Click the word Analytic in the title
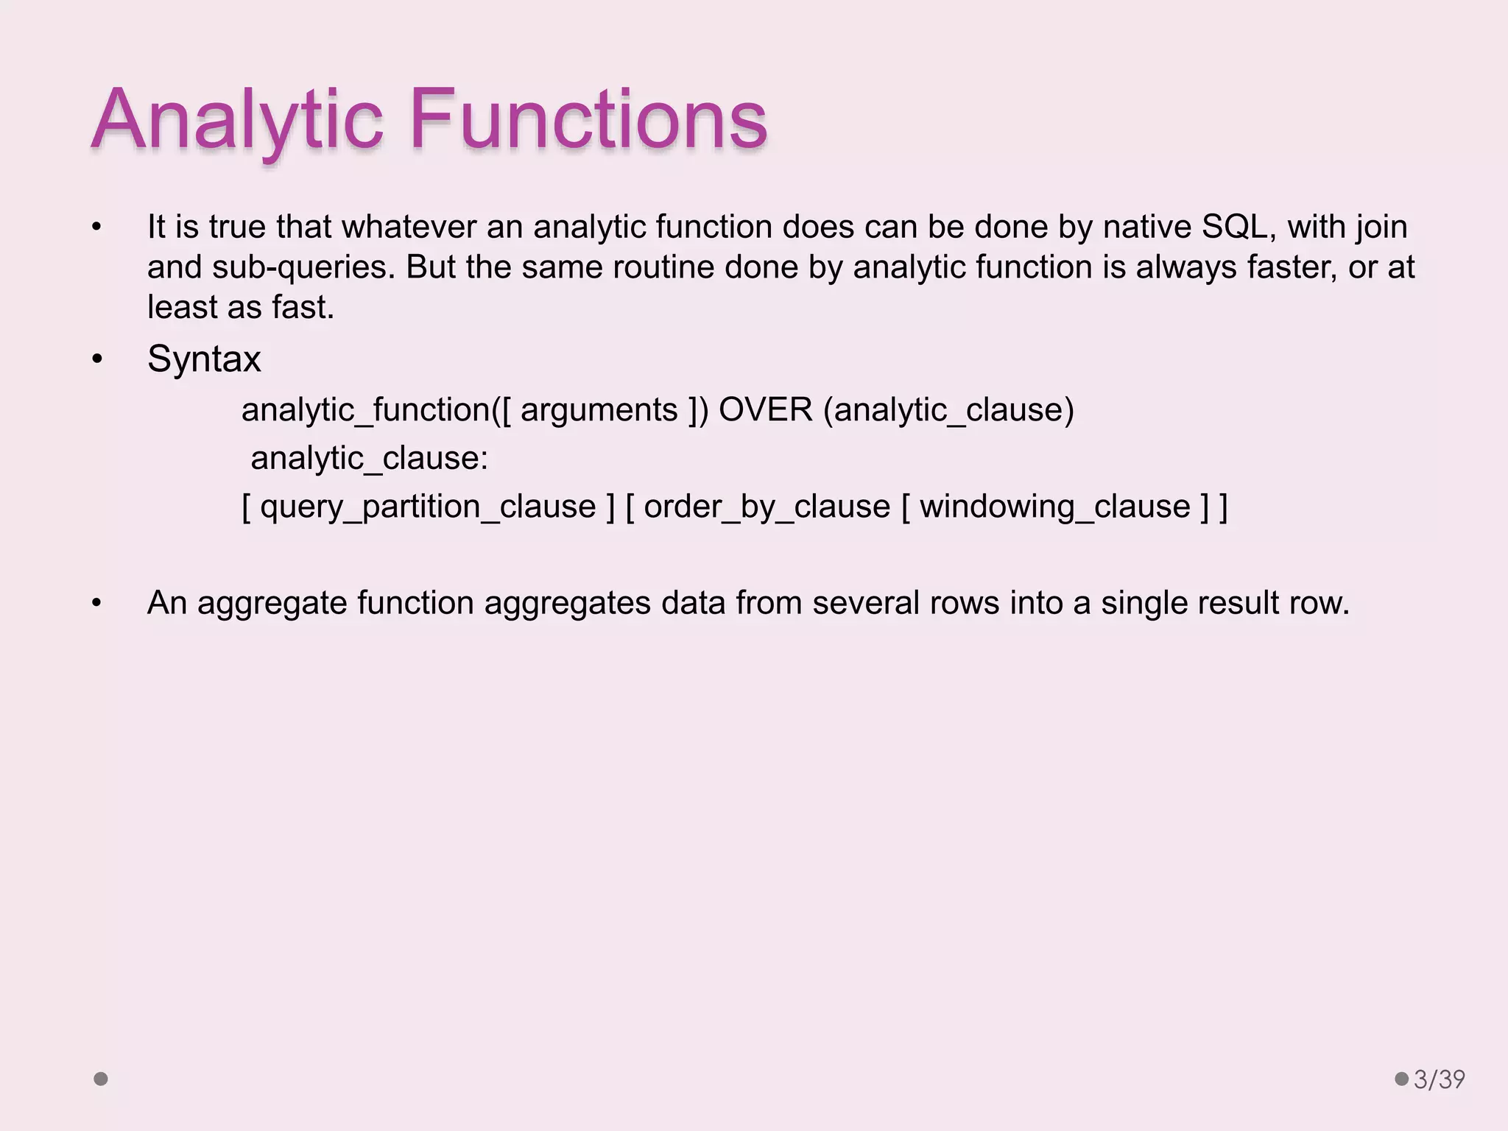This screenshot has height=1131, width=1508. [237, 120]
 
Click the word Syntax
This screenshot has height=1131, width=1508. [204, 359]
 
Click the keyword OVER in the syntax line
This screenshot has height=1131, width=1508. [765, 410]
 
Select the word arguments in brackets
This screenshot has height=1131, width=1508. [599, 410]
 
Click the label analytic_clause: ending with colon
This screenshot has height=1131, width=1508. [369, 459]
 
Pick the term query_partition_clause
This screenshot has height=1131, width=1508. [428, 507]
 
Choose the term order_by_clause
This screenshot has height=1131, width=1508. [767, 507]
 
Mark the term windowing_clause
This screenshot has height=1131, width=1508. [1054, 507]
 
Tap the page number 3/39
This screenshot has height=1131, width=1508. [1439, 1079]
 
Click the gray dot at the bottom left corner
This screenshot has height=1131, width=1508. [101, 1079]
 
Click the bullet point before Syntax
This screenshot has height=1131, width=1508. [97, 360]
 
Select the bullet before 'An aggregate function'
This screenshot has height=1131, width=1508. [97, 604]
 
